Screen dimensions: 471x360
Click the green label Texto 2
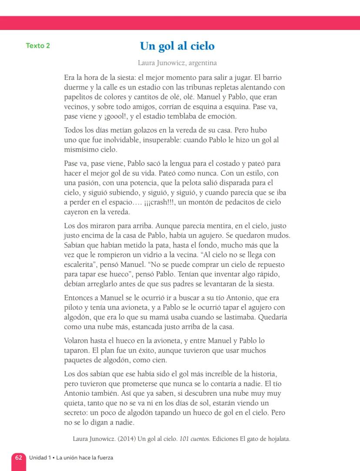pos(38,46)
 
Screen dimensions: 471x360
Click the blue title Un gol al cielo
pos(177,46)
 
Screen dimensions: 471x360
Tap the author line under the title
pos(177,63)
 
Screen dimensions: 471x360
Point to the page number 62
pos(19,458)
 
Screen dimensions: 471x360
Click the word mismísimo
pos(81,149)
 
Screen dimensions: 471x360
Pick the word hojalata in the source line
pos(276,438)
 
